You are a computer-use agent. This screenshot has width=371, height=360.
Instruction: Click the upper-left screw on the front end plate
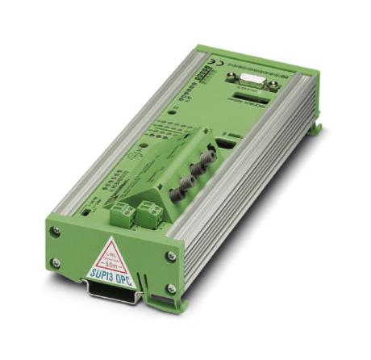tap(56, 232)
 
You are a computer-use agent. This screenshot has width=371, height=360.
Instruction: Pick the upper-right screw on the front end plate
tap(172, 256)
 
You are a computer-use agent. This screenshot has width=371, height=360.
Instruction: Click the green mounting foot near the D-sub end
tap(315, 127)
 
